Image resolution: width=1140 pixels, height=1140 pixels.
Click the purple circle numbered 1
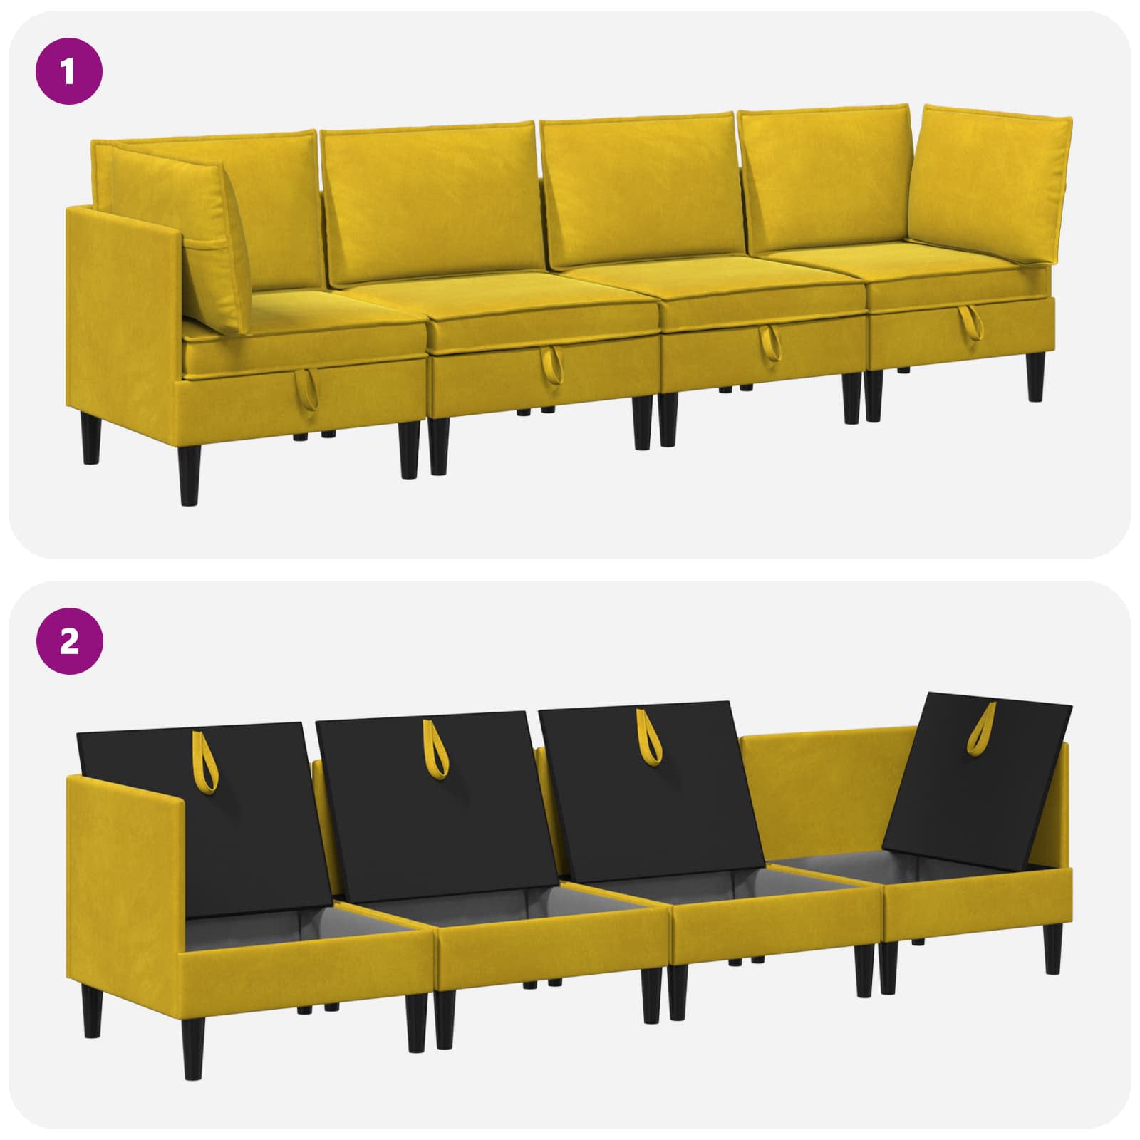68,73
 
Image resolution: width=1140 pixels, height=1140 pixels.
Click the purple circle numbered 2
68,643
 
